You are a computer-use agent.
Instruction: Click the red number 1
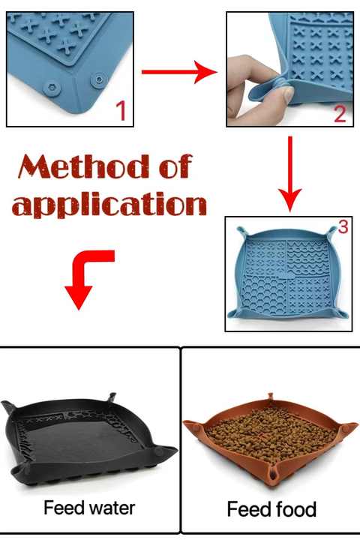121,110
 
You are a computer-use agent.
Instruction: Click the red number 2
340,113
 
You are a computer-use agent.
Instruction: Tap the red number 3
343,226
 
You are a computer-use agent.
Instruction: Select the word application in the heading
109,205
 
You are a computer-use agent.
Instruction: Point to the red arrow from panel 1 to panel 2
179,72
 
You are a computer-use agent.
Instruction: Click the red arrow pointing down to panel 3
290,174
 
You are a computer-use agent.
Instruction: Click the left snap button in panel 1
52,88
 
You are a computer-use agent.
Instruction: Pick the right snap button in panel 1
99,80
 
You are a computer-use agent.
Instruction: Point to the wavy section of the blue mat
307,259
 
